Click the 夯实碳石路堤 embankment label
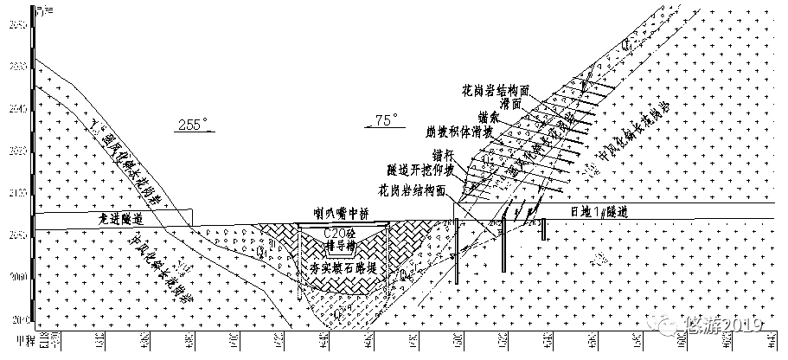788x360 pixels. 342,269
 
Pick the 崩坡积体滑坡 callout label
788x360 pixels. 461,132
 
